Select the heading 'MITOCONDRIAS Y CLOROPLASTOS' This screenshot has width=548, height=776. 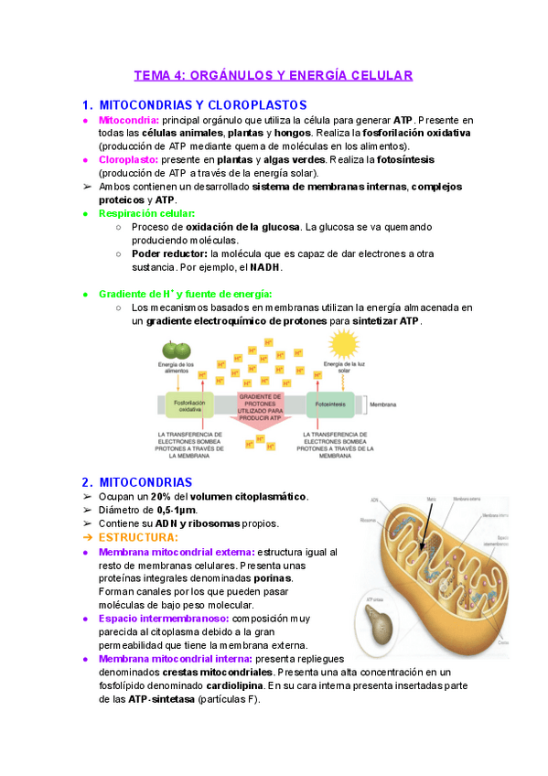(x=202, y=105)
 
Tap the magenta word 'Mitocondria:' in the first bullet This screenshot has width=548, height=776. (x=128, y=121)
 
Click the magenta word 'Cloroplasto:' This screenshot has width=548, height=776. (x=128, y=159)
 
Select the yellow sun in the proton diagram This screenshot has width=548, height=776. (x=344, y=346)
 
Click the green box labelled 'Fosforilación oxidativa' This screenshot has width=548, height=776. (x=188, y=405)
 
